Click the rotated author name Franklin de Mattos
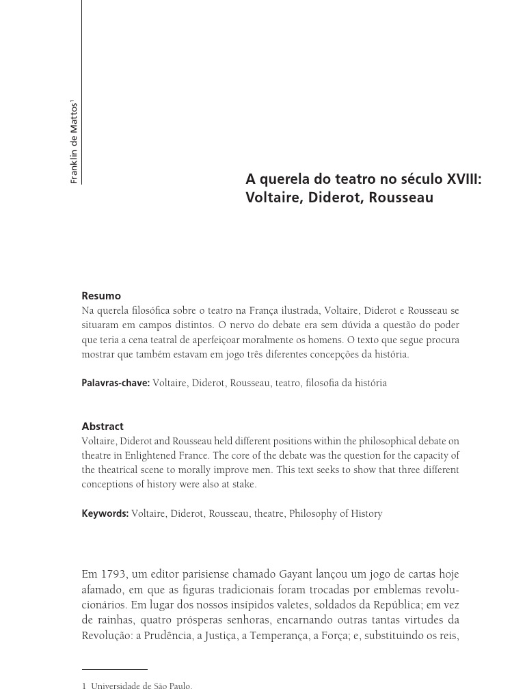(75, 142)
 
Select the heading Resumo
(101, 296)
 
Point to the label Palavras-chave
(116, 383)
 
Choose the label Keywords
(105, 513)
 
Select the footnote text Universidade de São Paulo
(142, 686)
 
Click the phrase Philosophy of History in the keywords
(336, 513)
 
